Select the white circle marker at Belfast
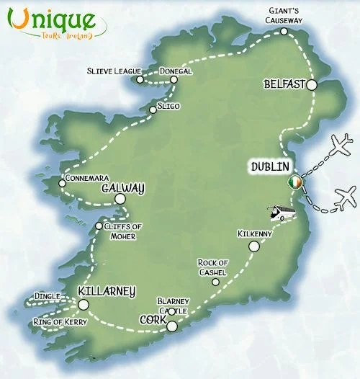pos(311,85)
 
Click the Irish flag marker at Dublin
pos(294,183)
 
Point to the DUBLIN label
pos(269,166)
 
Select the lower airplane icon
pos(345,195)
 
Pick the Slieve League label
pos(112,71)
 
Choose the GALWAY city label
pos(123,188)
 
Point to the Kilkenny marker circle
pos(253,246)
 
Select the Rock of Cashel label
pos(213,267)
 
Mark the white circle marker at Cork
pos(171,327)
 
